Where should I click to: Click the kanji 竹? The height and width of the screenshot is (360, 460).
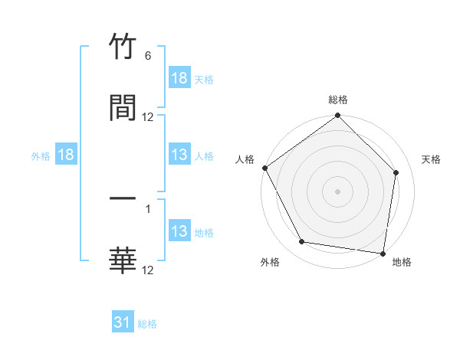[x=123, y=48]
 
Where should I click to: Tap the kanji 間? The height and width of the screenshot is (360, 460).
[x=123, y=108]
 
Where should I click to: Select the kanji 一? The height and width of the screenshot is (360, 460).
[x=123, y=200]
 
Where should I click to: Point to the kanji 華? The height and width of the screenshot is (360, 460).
[x=123, y=261]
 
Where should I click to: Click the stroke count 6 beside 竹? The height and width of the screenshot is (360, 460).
[x=148, y=56]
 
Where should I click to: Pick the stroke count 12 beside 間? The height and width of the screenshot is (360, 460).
[x=148, y=117]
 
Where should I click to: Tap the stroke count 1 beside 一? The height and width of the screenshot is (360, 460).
[x=148, y=208]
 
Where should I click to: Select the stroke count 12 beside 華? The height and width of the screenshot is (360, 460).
[x=148, y=270]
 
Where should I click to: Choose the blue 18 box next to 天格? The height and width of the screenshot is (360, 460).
[x=179, y=78]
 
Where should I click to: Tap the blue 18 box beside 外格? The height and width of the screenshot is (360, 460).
[x=66, y=155]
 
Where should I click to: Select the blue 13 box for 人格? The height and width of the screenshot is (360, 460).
[x=179, y=155]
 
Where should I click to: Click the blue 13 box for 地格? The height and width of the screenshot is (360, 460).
[x=179, y=231]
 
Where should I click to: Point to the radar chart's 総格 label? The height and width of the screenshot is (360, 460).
[x=338, y=100]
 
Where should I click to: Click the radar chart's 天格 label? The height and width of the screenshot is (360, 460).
[x=432, y=159]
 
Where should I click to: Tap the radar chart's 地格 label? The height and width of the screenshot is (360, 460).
[x=402, y=262]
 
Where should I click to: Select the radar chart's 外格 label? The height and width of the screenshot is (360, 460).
[x=270, y=262]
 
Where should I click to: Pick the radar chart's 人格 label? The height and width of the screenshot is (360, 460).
[x=245, y=159]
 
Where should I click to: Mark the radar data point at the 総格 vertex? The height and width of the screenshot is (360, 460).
[x=338, y=116]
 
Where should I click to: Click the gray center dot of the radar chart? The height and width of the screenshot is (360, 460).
[x=338, y=191]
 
